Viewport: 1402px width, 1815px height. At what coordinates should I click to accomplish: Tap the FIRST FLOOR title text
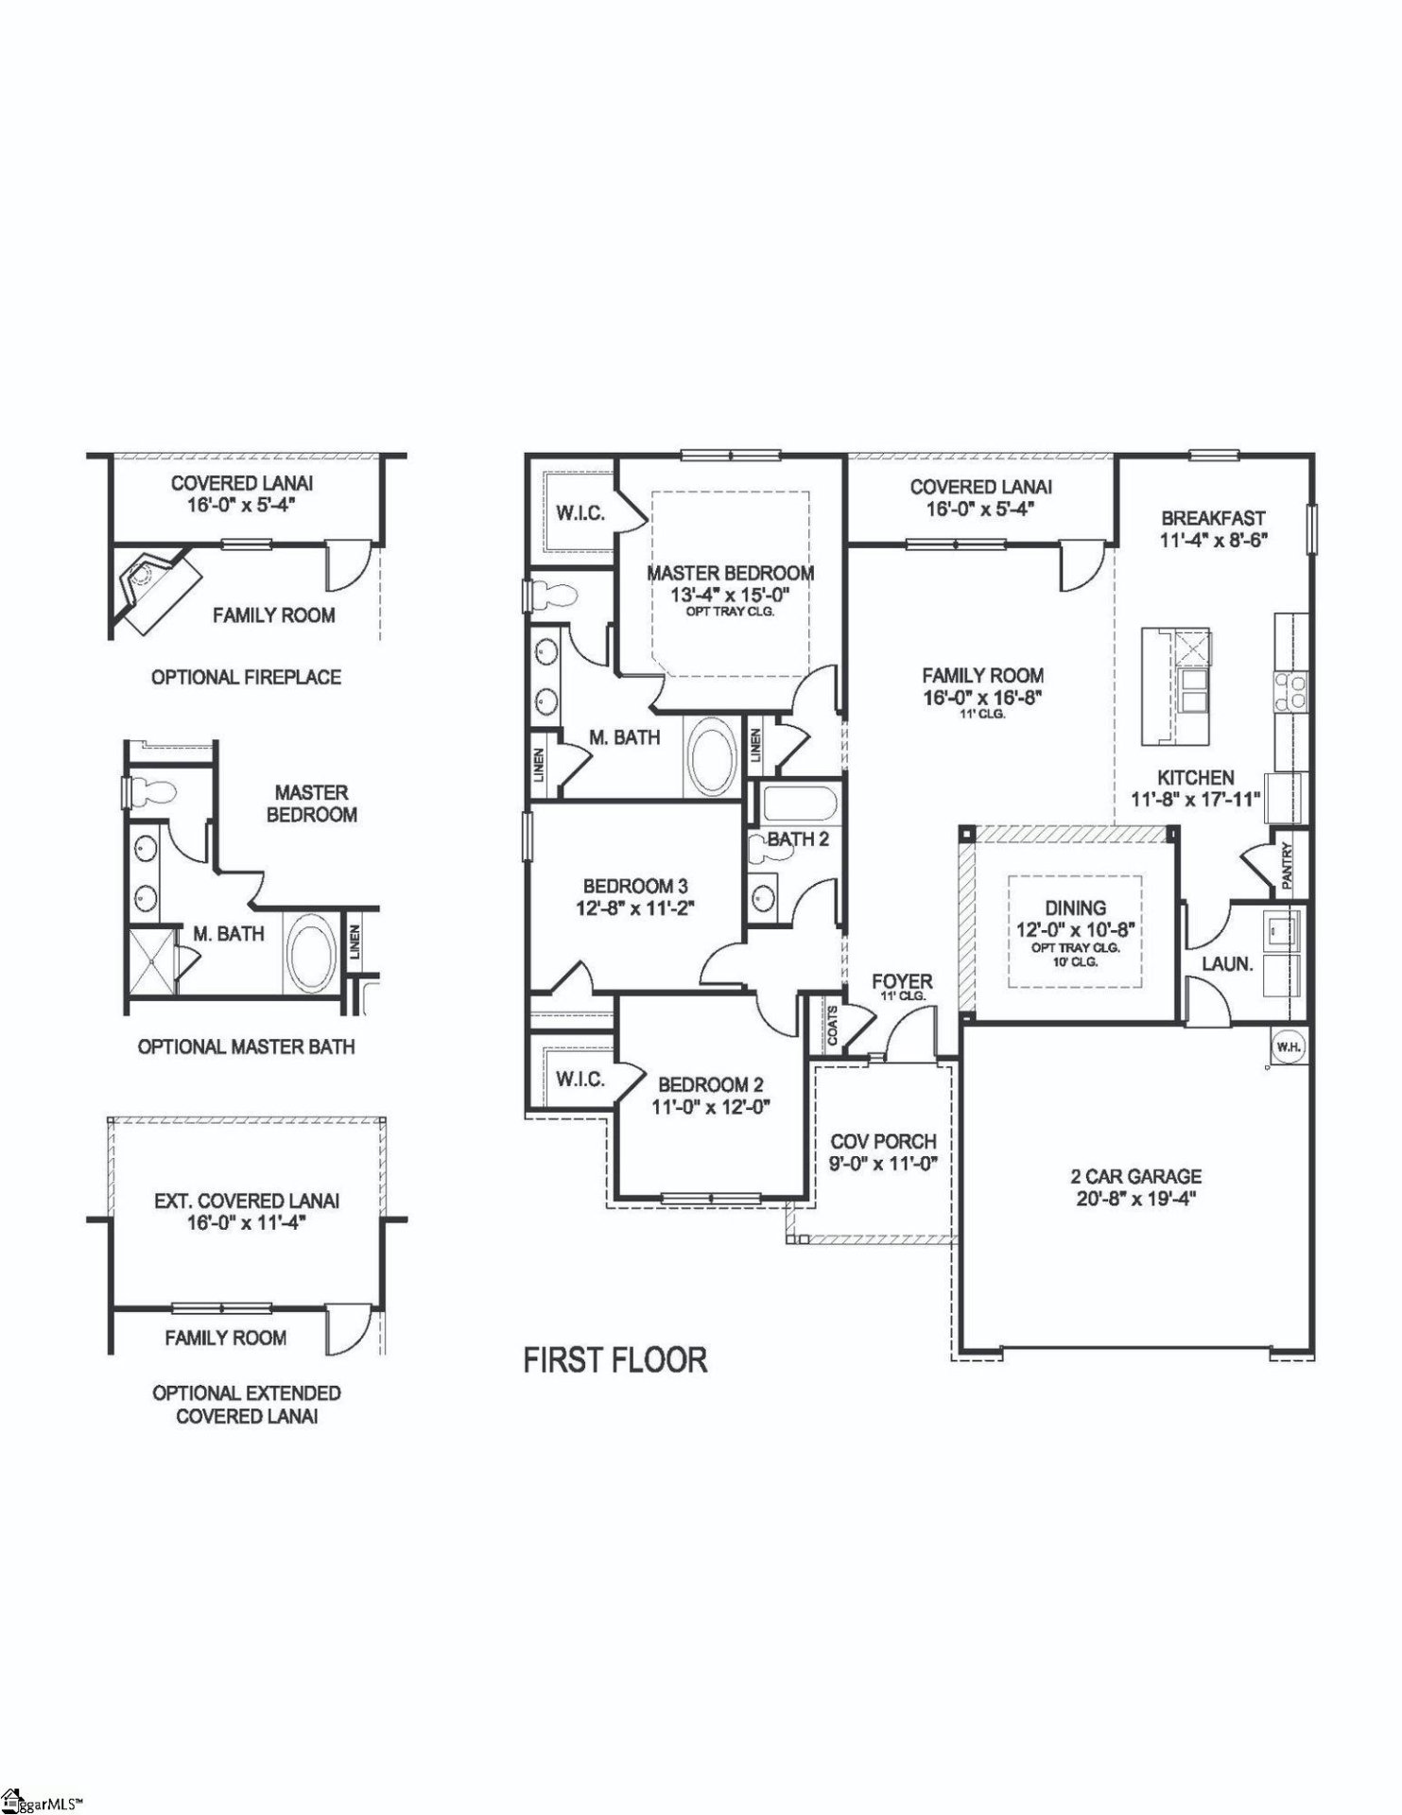(x=615, y=1360)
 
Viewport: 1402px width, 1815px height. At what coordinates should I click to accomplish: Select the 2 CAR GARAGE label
(x=1135, y=1177)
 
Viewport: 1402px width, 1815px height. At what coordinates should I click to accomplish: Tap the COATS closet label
(x=833, y=1025)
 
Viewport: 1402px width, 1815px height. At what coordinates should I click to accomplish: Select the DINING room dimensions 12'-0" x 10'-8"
(x=1075, y=929)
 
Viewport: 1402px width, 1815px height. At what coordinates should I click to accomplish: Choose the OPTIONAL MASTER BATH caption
(x=246, y=1047)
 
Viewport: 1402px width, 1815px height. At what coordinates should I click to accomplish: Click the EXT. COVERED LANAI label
(x=246, y=1201)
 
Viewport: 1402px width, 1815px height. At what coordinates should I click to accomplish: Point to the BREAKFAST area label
(x=1213, y=519)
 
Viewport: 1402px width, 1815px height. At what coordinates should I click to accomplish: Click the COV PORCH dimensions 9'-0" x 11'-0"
(x=883, y=1165)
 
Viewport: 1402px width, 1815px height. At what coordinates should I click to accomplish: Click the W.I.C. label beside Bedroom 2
(x=580, y=1080)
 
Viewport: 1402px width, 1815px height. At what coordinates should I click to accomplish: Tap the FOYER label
(x=902, y=981)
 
